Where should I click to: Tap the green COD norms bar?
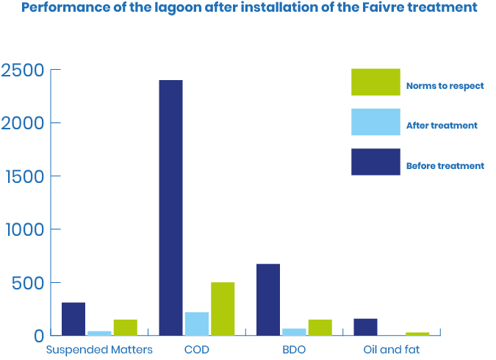223,309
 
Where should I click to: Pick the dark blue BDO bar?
268,299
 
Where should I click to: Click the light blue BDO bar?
294,331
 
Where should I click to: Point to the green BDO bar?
320,327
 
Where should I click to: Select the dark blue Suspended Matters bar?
73,318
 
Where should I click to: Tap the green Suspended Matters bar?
125,327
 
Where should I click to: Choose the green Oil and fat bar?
417,334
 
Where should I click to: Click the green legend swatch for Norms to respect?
375,82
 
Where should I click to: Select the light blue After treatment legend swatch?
375,122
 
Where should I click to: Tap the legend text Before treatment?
445,166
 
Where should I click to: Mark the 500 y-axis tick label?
29,283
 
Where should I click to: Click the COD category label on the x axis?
196,350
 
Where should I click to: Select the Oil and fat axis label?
392,350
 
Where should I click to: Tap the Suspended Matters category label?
99,350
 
